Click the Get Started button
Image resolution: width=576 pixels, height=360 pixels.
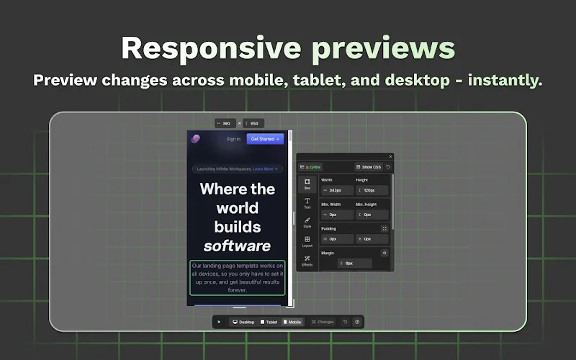(x=265, y=139)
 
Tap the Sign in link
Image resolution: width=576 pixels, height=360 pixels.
(x=233, y=139)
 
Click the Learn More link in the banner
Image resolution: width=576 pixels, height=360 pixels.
(x=265, y=169)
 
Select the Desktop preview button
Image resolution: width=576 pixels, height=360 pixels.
(x=243, y=322)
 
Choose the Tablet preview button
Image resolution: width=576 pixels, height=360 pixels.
(x=269, y=322)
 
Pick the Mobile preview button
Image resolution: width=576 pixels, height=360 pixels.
(x=292, y=322)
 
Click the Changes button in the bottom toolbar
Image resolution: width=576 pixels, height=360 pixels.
(x=323, y=322)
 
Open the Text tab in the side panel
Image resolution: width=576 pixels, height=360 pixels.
(x=307, y=204)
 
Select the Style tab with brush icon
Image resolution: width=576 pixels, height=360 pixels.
(x=307, y=222)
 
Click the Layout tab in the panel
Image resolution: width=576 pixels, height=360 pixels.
(x=307, y=241)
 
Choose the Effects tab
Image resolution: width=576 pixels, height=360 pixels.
(x=307, y=260)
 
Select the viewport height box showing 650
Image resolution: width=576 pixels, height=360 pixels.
(x=253, y=123)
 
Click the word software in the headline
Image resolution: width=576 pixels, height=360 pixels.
(x=237, y=246)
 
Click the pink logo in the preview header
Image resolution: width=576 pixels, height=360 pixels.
(x=196, y=139)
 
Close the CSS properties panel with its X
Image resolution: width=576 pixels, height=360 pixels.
(x=390, y=156)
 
